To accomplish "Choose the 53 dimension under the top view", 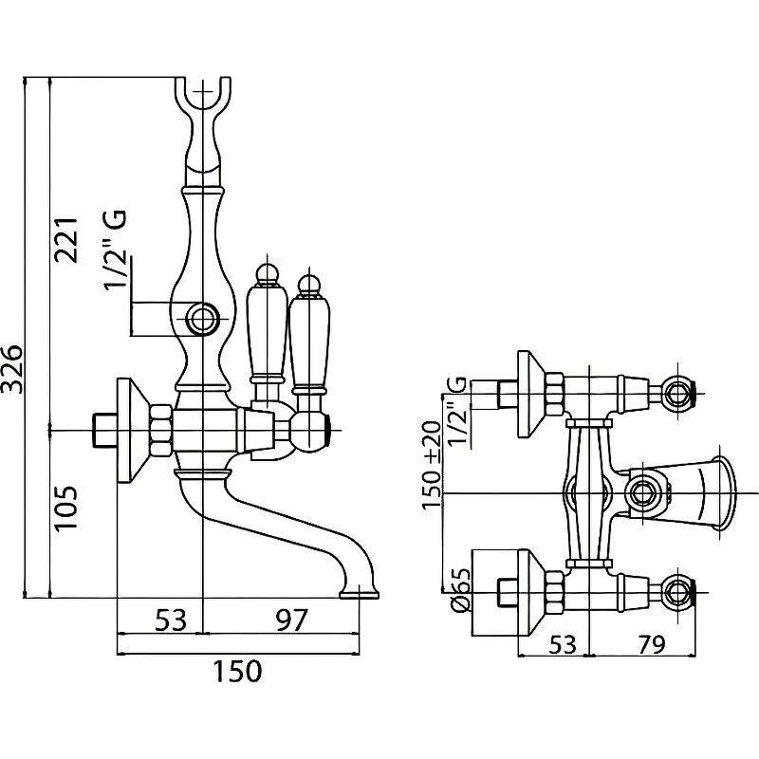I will pos(563,644).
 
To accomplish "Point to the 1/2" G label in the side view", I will pos(115,252).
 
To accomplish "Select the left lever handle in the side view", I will pos(267,323).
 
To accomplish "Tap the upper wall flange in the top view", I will pos(528,394).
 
